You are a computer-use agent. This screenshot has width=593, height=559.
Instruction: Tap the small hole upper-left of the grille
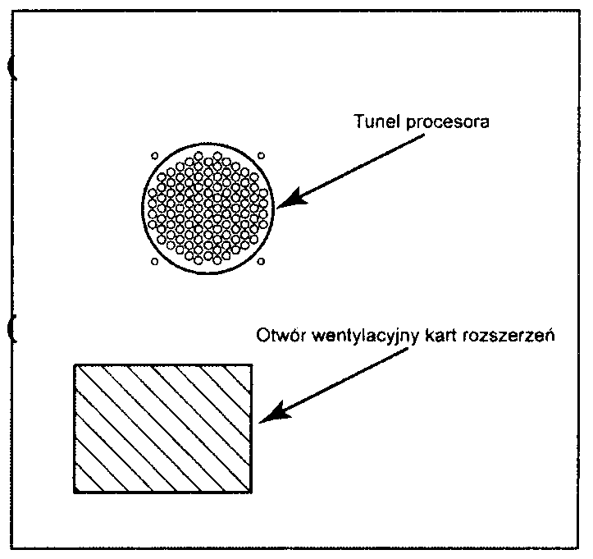tap(154, 153)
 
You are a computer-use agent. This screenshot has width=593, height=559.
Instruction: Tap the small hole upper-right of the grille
tap(261, 153)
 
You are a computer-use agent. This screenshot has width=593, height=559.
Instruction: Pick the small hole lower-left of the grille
tap(154, 262)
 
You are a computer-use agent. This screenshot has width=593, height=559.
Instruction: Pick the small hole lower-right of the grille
tap(261, 262)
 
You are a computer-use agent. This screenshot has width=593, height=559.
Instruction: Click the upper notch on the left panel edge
tap(11, 70)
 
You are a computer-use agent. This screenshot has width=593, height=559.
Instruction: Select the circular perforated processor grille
tap(208, 208)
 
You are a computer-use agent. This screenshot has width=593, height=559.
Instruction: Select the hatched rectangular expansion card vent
tap(162, 428)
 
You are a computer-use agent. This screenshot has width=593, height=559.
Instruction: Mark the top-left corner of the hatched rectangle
tap(75, 364)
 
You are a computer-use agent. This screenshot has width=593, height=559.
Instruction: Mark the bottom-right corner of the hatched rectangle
tap(251, 492)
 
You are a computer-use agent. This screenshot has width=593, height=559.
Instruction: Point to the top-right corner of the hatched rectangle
tap(251, 364)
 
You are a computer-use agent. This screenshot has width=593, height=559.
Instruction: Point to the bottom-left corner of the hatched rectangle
tap(75, 492)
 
